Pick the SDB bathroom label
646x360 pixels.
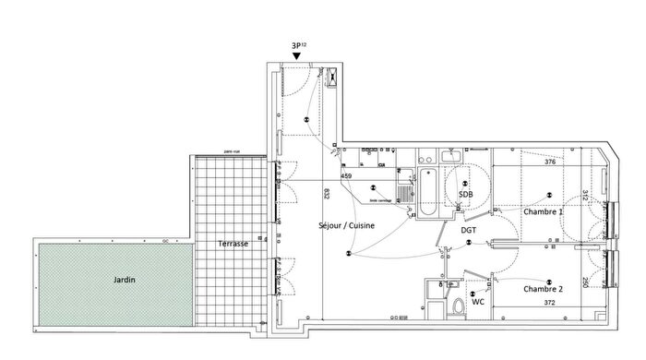coord(465,195)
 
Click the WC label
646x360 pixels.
coord(478,302)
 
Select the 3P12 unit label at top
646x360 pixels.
coord(298,42)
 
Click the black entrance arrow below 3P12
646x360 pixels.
coord(296,56)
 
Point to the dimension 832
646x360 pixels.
coord(327,194)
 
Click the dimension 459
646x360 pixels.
coord(346,176)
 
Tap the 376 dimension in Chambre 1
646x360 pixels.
coord(550,162)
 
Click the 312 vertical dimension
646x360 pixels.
coord(584,195)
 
